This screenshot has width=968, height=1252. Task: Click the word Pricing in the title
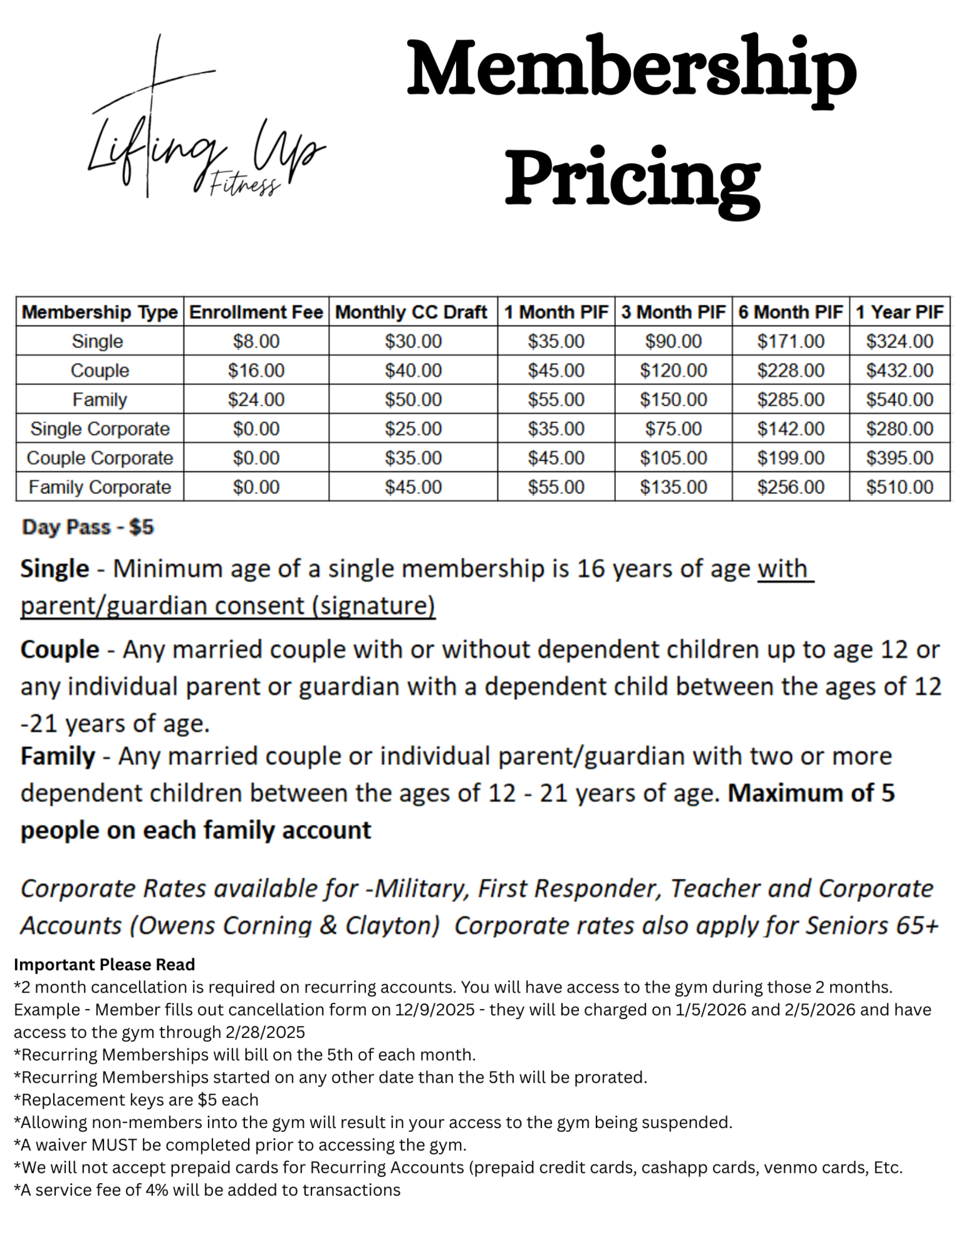[632, 175]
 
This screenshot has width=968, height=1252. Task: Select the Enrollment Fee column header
[256, 312]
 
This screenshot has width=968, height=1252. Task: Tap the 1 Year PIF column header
[899, 312]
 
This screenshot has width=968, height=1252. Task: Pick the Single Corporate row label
[100, 429]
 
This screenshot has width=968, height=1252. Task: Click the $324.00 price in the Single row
[899, 342]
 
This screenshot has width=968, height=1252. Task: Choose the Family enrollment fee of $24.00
[256, 400]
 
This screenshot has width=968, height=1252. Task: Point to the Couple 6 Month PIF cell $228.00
[790, 371]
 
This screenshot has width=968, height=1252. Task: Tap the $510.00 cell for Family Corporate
[899, 487]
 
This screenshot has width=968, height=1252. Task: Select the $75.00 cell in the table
[673, 429]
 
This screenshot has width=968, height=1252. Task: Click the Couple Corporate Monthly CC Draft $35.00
[413, 458]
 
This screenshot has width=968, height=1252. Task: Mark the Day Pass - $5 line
[88, 527]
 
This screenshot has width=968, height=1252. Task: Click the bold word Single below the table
[54, 569]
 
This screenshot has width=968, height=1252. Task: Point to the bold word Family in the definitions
[57, 756]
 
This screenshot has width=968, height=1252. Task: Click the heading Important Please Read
[104, 964]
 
